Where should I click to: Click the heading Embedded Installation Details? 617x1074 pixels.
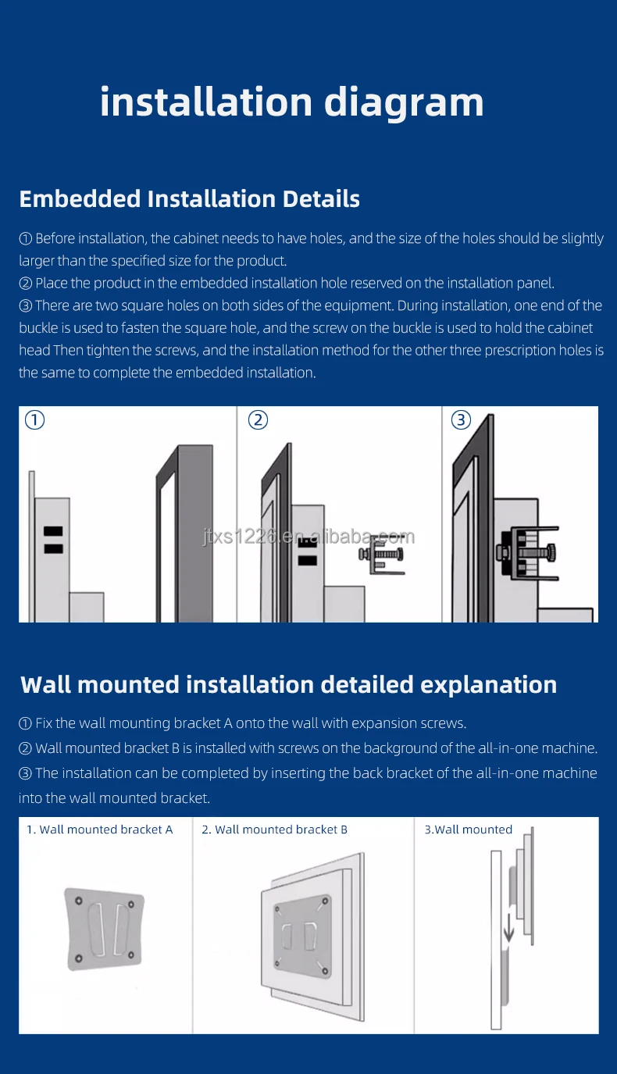(189, 198)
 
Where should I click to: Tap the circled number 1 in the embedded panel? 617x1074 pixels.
(35, 420)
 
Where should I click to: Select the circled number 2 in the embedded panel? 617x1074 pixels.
(258, 420)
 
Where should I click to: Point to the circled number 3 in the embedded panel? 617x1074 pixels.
(461, 420)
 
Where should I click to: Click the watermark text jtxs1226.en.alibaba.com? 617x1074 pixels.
(308, 537)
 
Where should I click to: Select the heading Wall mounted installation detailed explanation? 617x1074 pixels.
(288, 684)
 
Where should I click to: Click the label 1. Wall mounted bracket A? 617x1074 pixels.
(99, 830)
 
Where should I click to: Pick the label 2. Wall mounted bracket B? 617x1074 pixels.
(274, 830)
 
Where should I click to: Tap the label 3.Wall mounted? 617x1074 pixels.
(468, 830)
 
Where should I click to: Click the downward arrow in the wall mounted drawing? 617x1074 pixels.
(508, 929)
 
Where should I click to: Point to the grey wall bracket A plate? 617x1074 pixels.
(103, 929)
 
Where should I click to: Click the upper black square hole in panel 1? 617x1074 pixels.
(52, 532)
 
